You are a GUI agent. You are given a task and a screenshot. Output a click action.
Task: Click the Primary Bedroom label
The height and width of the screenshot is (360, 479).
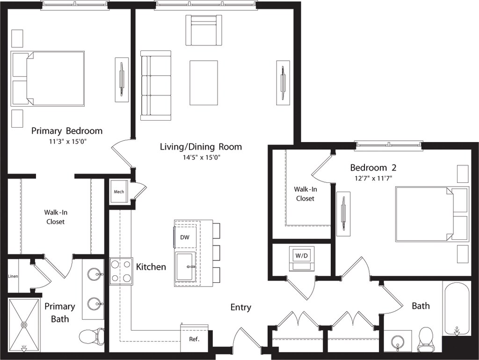pyautogui.click(x=67, y=131)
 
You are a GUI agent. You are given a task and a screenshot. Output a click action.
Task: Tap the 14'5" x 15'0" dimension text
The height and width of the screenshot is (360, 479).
pyautogui.click(x=201, y=158)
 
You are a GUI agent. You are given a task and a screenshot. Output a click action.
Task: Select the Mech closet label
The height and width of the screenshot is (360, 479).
pyautogui.click(x=119, y=192)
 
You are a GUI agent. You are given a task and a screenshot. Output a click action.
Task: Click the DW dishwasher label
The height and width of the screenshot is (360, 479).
pyautogui.click(x=185, y=237)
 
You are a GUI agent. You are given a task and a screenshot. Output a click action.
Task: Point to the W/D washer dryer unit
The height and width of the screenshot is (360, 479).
pyautogui.click(x=302, y=258)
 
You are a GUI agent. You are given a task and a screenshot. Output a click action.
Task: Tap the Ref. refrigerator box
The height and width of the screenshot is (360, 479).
pyautogui.click(x=194, y=339)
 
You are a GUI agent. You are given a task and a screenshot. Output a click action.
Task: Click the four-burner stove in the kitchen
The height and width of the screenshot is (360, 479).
pyautogui.click(x=121, y=271)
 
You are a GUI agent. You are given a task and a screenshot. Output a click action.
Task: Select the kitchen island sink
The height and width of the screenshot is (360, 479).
pyautogui.click(x=185, y=266)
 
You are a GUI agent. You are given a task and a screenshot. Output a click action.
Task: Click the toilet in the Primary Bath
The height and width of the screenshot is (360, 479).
pyautogui.click(x=92, y=336)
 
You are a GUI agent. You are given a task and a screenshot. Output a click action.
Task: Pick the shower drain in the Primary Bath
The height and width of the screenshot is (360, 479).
pyautogui.click(x=23, y=324)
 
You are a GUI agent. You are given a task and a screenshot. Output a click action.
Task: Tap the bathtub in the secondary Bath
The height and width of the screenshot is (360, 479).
pyautogui.click(x=457, y=309)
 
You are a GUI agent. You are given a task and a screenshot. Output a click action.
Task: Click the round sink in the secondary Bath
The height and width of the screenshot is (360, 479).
pyautogui.click(x=398, y=341)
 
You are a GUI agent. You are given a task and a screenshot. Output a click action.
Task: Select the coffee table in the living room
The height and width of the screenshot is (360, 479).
pyautogui.click(x=204, y=83)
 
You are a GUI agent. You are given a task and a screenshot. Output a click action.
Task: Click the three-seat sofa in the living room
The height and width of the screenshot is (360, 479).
pyautogui.click(x=155, y=86)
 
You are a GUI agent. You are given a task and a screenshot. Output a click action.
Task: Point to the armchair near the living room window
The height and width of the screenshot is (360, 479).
pyautogui.click(x=204, y=30)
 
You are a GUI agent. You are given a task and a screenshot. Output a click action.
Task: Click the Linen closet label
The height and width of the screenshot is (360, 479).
pyautogui.click(x=13, y=276)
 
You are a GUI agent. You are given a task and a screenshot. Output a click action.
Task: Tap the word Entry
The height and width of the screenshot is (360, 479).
pyautogui.click(x=241, y=307)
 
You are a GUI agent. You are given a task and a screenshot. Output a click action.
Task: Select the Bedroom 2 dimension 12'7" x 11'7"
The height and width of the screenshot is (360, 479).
pyautogui.click(x=373, y=178)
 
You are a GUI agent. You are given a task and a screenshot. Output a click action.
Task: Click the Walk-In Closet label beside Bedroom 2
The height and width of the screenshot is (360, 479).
pyautogui.click(x=305, y=194)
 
